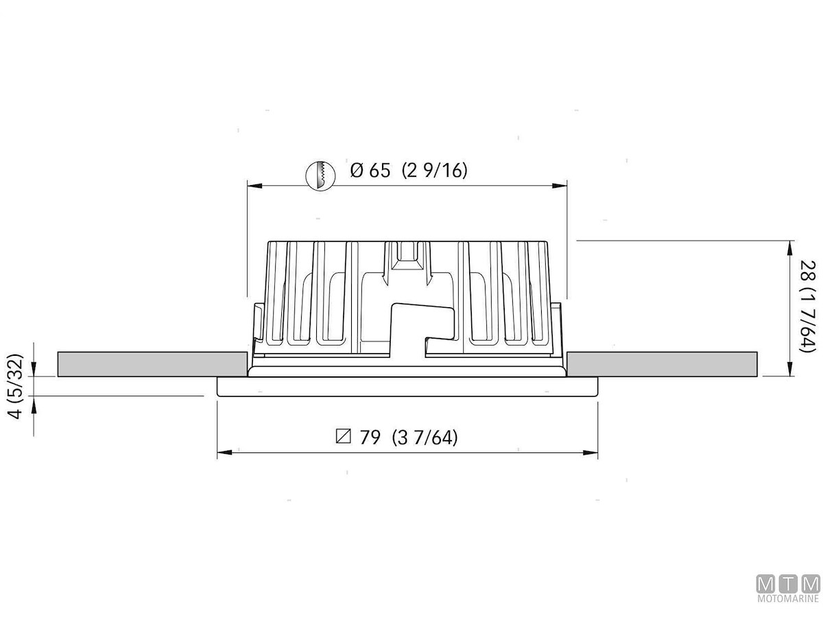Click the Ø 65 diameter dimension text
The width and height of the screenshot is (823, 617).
[x=370, y=171]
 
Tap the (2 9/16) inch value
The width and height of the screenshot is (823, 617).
[x=435, y=171]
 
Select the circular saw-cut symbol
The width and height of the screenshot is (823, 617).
[x=320, y=176]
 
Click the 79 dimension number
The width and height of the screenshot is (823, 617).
[x=370, y=437]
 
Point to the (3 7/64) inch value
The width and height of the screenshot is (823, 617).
[x=425, y=437]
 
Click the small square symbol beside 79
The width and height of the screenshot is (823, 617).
[x=344, y=437]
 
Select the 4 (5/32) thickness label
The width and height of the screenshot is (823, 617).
[x=16, y=386]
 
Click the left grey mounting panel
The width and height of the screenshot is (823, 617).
[x=152, y=364]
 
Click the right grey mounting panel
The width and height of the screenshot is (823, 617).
[x=662, y=364]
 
